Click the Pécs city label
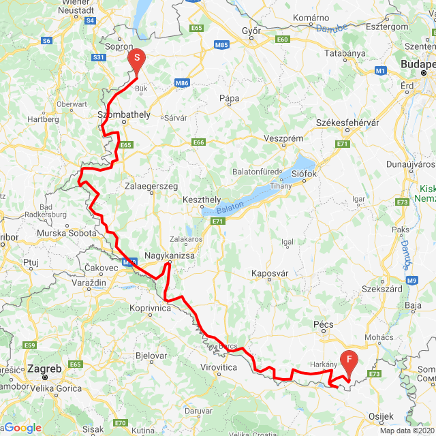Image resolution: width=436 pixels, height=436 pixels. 322,326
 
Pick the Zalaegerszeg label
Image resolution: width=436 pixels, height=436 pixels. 152,185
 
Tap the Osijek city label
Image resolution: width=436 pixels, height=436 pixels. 381,416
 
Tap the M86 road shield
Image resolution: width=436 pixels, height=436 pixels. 181,83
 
